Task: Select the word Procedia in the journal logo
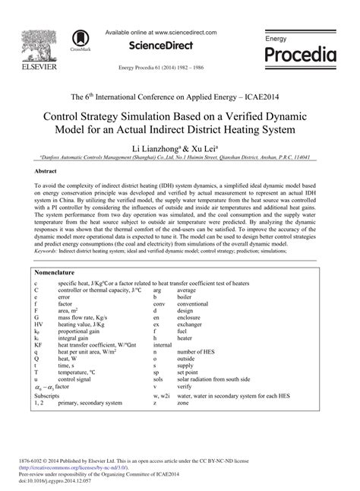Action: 300,55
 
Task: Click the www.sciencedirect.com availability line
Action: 160,33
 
